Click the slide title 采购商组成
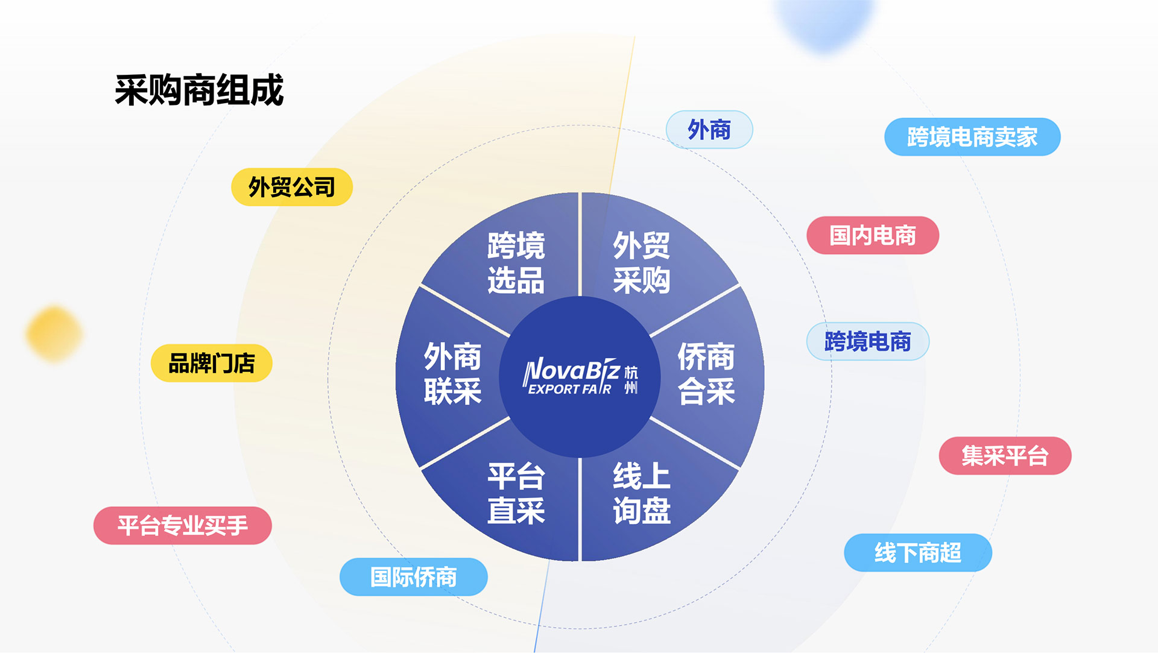pyautogui.click(x=199, y=90)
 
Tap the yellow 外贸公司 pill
pyautogui.click(x=292, y=187)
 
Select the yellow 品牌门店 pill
pyautogui.click(x=212, y=363)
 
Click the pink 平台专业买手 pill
pyautogui.click(x=183, y=526)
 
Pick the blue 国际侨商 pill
pyautogui.click(x=414, y=577)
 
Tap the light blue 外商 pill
pyautogui.click(x=709, y=130)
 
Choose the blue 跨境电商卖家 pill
pyautogui.click(x=972, y=137)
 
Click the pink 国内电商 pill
pyautogui.click(x=873, y=235)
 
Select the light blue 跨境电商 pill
pyautogui.click(x=868, y=341)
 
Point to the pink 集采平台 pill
pyautogui.click(x=1005, y=456)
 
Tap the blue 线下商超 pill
pyautogui.click(x=918, y=553)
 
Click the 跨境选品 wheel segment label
pyautogui.click(x=516, y=263)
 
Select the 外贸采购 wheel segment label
pyautogui.click(x=642, y=263)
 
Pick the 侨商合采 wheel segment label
pyautogui.click(x=706, y=374)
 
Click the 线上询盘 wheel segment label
pyautogui.click(x=642, y=494)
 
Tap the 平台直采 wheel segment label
pyautogui.click(x=516, y=494)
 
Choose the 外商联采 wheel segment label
pyautogui.click(x=453, y=374)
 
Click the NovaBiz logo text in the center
pyautogui.click(x=571, y=369)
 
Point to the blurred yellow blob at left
pyautogui.click(x=54, y=334)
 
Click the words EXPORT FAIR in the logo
pyautogui.click(x=570, y=390)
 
